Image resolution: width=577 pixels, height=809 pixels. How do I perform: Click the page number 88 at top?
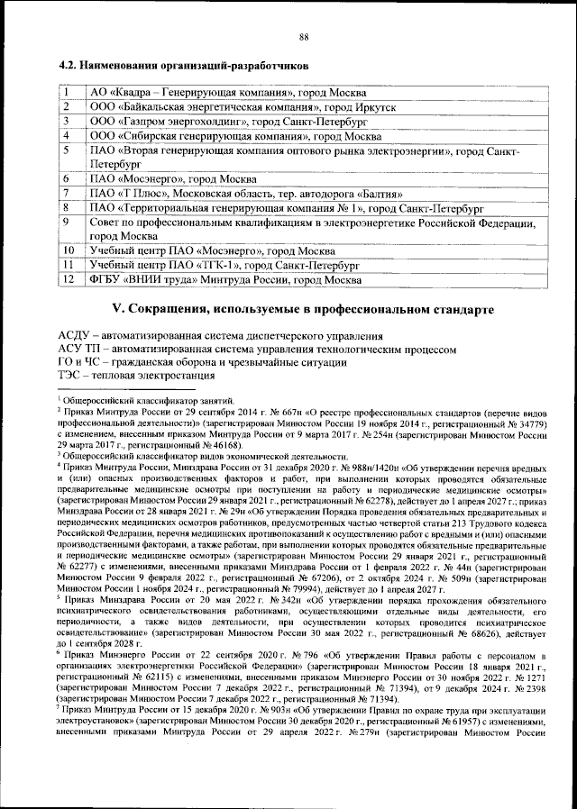pyautogui.click(x=304, y=36)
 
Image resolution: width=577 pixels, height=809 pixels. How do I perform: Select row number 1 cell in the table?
pyautogui.click(x=67, y=92)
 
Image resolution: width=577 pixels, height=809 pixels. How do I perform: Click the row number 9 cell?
pyautogui.click(x=67, y=222)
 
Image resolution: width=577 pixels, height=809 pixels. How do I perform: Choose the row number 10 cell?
pyautogui.click(x=69, y=250)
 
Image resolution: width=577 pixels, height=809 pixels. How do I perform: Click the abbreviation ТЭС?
pyautogui.click(x=70, y=374)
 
